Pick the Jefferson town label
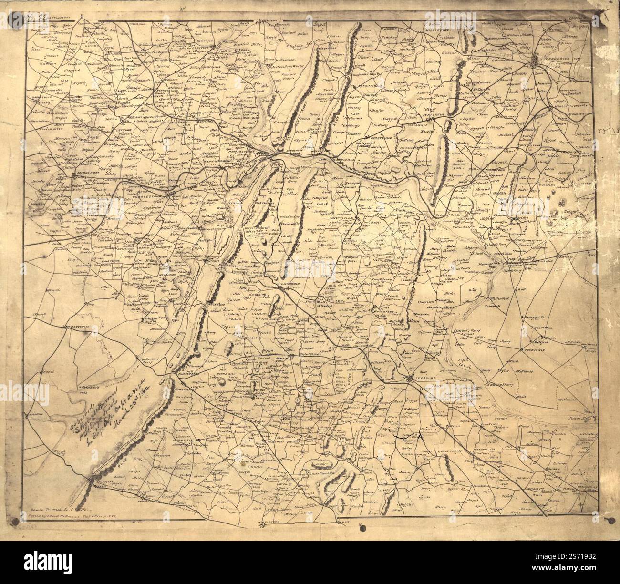445,115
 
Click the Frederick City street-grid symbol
536,64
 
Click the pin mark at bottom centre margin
363,528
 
